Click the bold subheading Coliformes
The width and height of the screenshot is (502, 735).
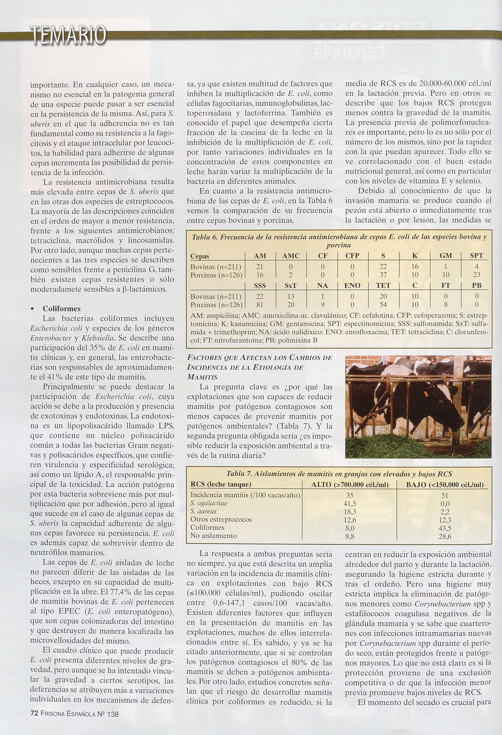click(x=62, y=309)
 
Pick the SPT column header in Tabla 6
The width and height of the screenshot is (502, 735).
click(x=476, y=256)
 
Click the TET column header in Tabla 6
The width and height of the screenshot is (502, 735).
click(x=383, y=285)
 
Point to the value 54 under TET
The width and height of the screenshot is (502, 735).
click(x=383, y=305)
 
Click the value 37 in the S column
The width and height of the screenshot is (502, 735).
click(x=383, y=275)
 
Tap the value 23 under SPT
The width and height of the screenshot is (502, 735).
click(x=476, y=275)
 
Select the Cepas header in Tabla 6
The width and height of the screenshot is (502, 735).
click(x=200, y=256)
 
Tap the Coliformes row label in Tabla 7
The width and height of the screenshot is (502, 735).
click(x=207, y=528)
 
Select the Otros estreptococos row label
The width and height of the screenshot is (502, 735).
click(x=221, y=520)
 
